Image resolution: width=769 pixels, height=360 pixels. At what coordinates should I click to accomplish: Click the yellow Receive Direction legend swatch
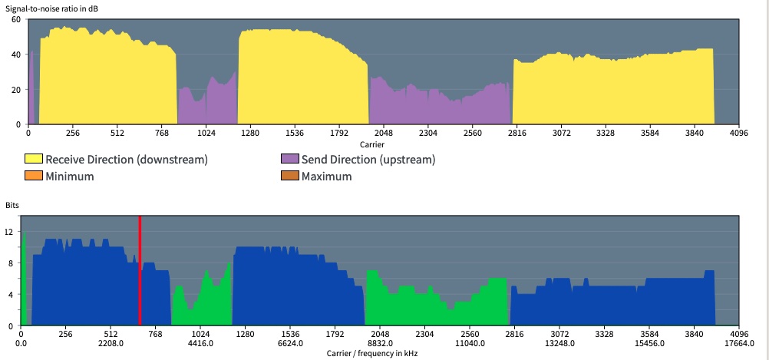[34, 160]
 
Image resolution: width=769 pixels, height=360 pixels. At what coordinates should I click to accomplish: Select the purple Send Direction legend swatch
[289, 160]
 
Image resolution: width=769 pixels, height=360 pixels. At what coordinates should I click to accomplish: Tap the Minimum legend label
[70, 177]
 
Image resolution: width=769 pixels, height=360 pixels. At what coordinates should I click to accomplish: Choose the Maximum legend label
[327, 177]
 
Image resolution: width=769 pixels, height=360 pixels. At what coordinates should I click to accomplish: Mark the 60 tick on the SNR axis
[15, 18]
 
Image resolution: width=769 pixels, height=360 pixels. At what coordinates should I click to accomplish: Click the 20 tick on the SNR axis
[15, 89]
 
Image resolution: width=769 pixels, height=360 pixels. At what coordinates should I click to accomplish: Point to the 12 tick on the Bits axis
[10, 231]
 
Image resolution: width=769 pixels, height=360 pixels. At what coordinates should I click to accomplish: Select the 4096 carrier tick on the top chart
[738, 133]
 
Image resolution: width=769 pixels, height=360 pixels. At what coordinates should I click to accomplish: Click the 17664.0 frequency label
[738, 344]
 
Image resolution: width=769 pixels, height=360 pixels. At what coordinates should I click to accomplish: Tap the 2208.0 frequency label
[111, 344]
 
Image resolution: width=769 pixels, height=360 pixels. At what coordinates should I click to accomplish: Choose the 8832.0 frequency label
[380, 344]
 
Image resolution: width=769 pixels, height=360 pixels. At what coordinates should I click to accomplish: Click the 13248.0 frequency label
[559, 344]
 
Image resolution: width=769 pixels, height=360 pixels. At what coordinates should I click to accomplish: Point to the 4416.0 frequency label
[200, 344]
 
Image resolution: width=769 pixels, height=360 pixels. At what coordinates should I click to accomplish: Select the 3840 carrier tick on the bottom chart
[694, 335]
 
